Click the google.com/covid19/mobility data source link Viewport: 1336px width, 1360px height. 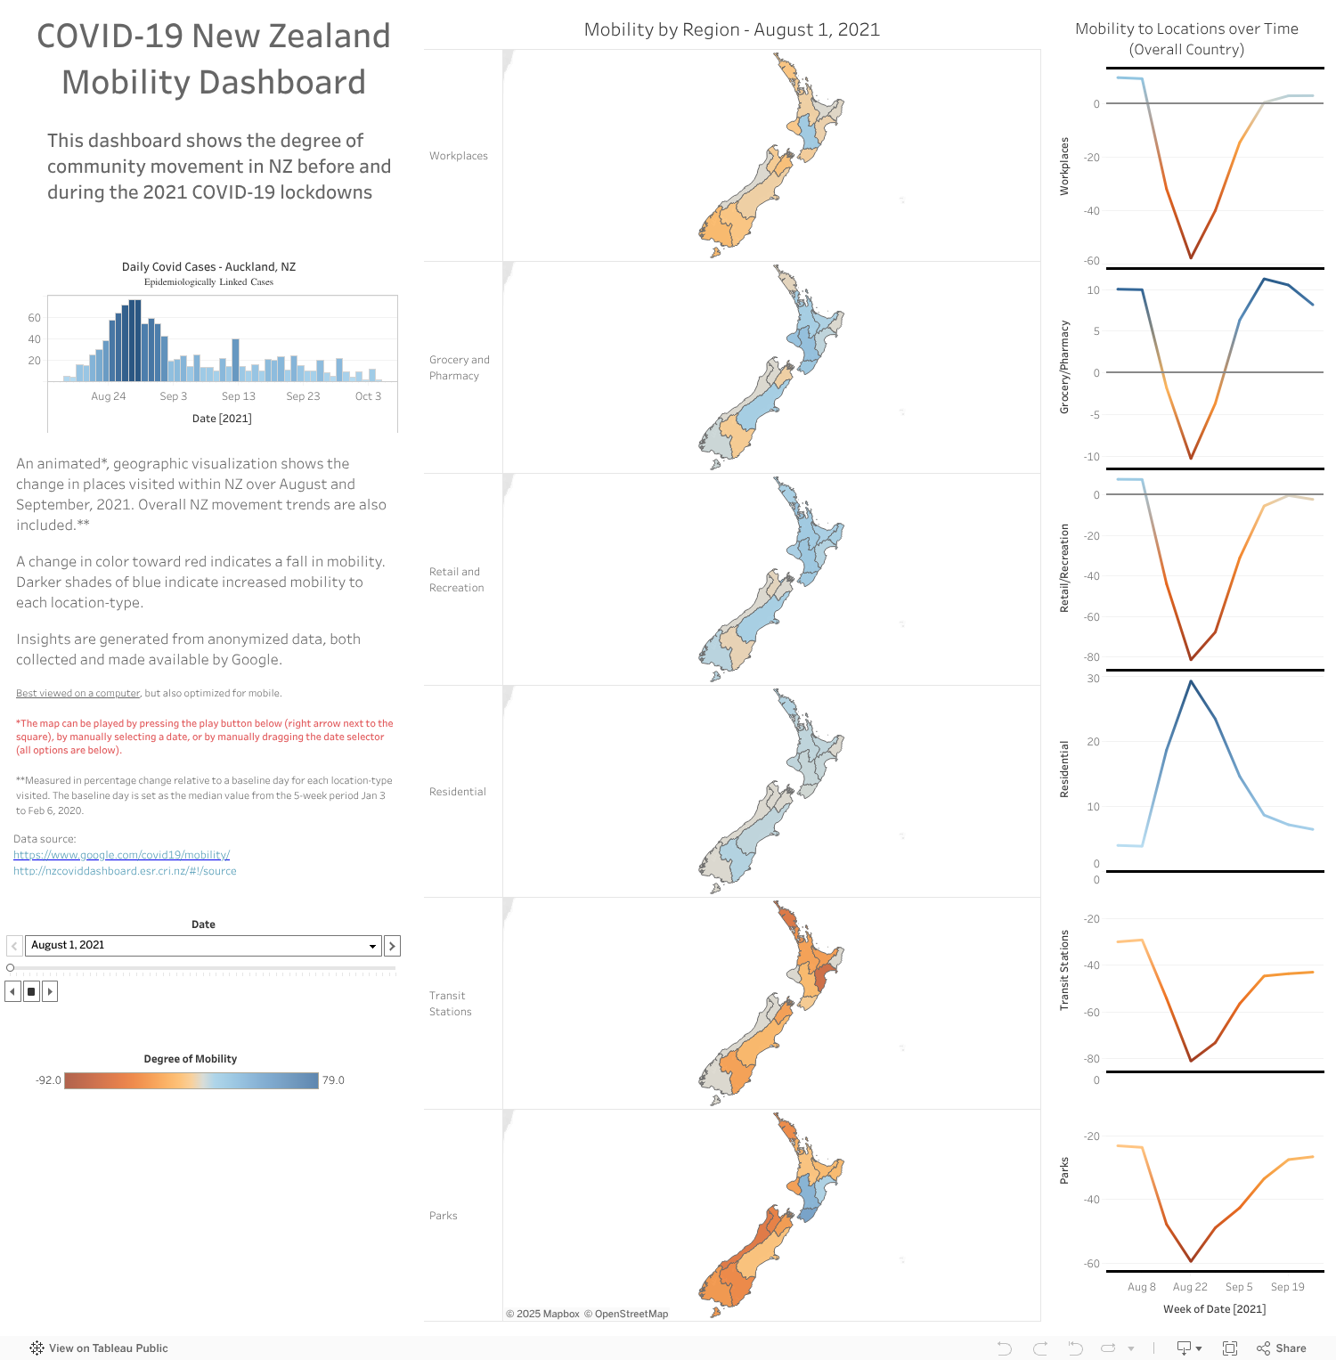coord(121,855)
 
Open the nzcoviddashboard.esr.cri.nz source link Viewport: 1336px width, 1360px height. coord(125,871)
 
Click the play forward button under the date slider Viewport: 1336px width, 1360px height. coord(50,991)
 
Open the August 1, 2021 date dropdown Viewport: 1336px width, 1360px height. coord(372,946)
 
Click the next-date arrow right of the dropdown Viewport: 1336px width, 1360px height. coord(392,946)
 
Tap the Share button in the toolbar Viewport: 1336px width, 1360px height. coord(1282,1348)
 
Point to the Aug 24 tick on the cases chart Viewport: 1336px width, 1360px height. coord(108,396)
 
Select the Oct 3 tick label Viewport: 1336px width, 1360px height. coord(368,396)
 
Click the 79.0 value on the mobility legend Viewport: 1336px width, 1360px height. coord(333,1080)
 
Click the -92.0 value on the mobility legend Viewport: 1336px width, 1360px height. coord(48,1080)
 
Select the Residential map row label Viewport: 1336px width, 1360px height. coord(457,792)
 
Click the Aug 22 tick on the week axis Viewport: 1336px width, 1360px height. coord(1190,1287)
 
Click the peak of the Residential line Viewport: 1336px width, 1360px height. coord(1191,681)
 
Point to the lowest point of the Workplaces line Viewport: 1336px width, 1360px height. coord(1191,258)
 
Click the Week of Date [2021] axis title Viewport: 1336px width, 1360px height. coord(1214,1309)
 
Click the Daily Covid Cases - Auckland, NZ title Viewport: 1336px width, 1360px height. coord(208,267)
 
